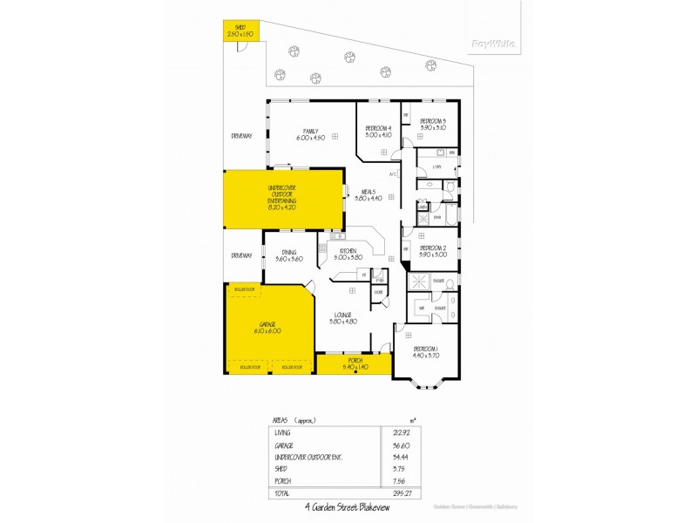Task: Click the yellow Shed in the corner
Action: click(x=235, y=31)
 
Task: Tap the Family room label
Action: click(x=310, y=134)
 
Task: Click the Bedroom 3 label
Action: click(x=433, y=124)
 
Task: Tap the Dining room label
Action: click(x=288, y=255)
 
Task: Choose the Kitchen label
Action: click(x=348, y=254)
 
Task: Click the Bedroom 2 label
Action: click(x=433, y=250)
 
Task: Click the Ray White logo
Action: click(x=492, y=43)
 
